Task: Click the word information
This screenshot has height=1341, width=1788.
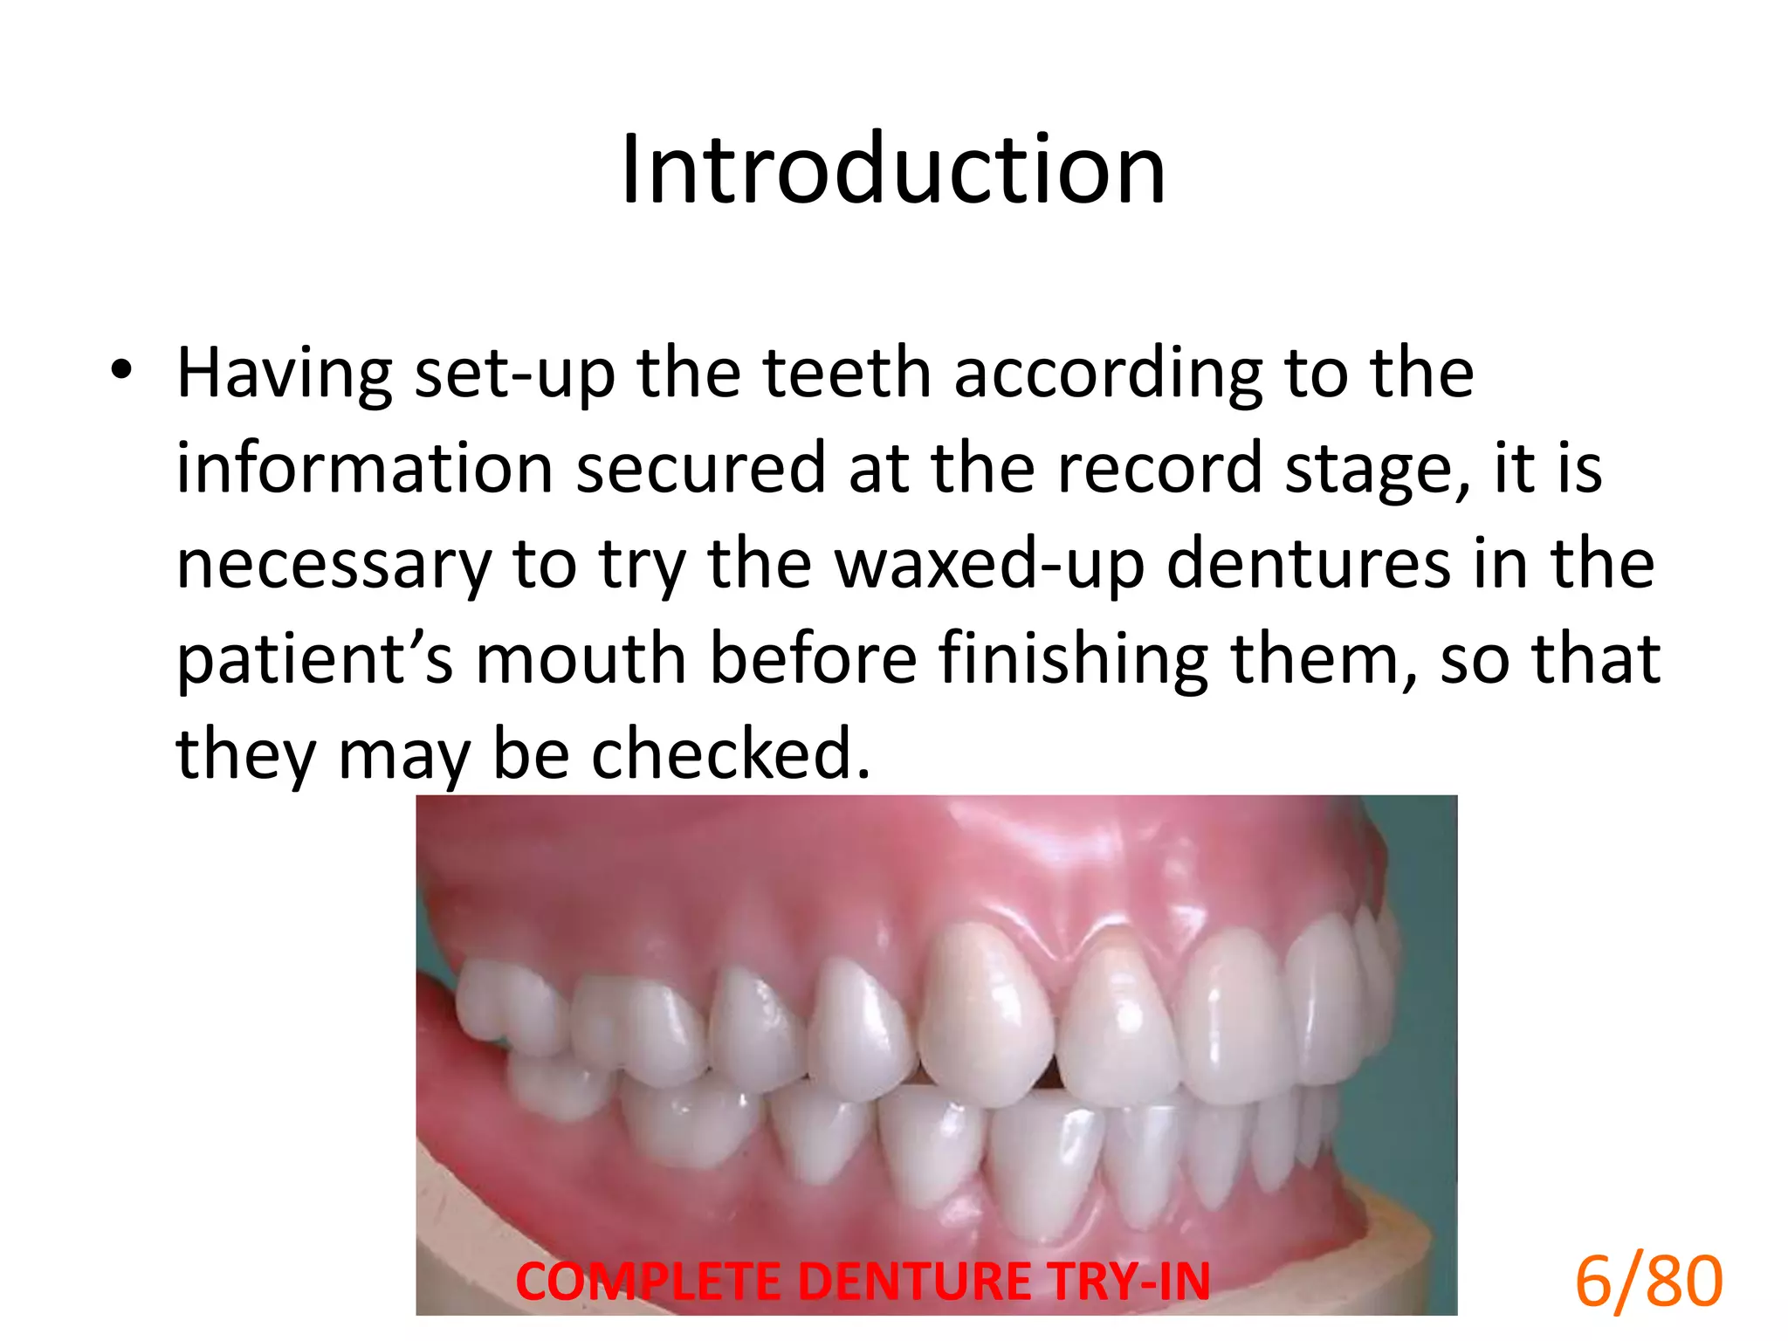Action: pos(364,469)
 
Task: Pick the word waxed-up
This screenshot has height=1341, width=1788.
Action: pos(989,565)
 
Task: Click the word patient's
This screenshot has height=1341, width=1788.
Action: pos(314,660)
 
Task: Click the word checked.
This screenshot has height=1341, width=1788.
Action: pos(731,753)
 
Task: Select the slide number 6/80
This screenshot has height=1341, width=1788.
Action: pos(1648,1281)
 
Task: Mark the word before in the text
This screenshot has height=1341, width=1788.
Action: pos(812,659)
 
